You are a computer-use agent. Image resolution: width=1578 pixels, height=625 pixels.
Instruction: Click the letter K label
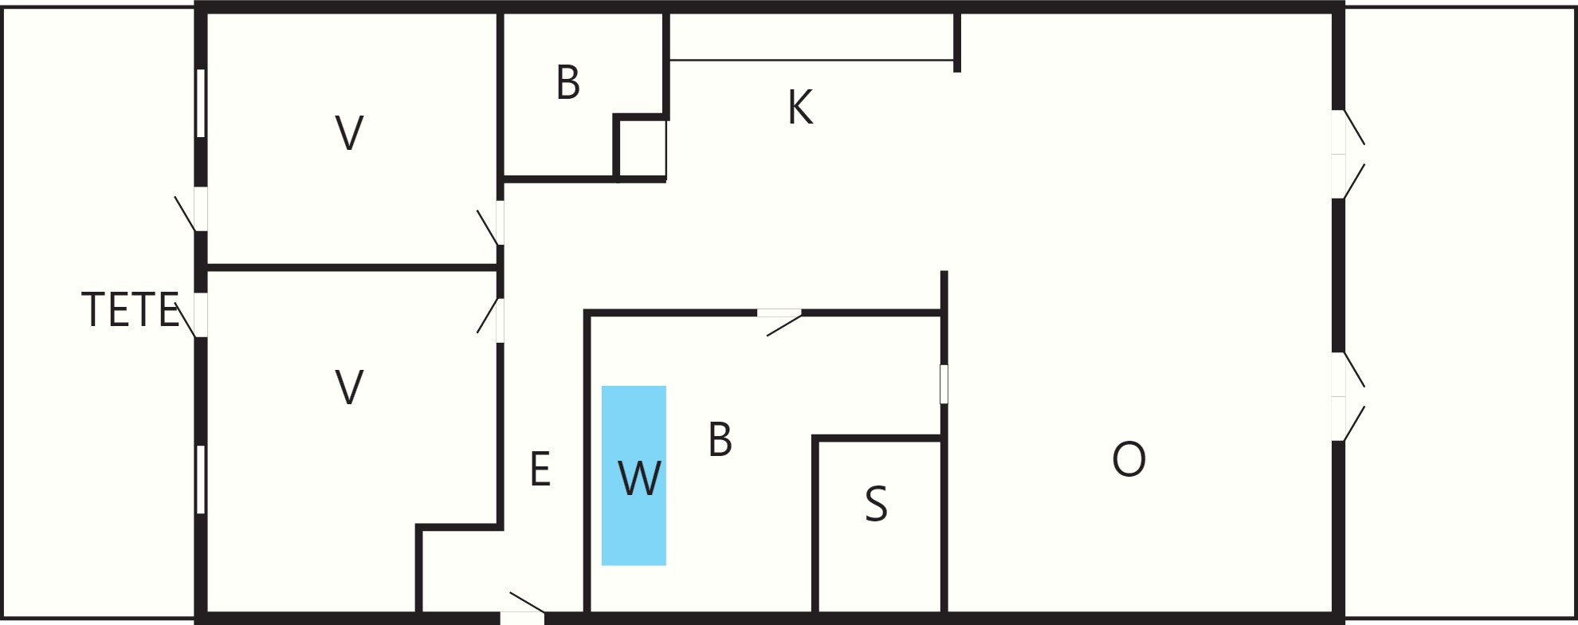[x=800, y=107]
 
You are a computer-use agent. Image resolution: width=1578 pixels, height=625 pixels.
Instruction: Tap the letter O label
[x=1129, y=459]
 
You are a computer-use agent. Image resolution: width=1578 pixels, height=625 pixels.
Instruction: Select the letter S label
[x=876, y=504]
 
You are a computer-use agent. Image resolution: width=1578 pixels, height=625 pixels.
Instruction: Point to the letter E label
[x=540, y=469]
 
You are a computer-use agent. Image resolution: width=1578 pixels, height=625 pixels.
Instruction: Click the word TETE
[x=130, y=310]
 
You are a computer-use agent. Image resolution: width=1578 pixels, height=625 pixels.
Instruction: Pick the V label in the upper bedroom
[x=349, y=133]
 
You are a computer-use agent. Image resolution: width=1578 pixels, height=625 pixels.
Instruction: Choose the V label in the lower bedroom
[x=349, y=387]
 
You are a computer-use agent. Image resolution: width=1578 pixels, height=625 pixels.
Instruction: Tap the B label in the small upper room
[x=567, y=83]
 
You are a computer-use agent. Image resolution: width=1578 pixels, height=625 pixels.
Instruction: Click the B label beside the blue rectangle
[x=720, y=439]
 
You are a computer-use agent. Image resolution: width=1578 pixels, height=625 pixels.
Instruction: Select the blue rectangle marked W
[x=634, y=476]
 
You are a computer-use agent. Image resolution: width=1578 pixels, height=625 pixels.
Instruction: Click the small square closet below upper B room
[x=641, y=149]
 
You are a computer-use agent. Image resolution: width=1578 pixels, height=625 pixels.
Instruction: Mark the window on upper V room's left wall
[x=201, y=104]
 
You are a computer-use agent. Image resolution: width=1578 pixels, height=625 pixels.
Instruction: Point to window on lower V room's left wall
[x=201, y=480]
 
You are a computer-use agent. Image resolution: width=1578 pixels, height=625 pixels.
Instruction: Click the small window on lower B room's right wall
[x=944, y=384]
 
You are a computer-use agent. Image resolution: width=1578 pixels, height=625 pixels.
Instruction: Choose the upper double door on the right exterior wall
[x=1347, y=154]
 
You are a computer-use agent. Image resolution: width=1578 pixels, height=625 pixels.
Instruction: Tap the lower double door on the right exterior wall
[x=1347, y=396]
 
